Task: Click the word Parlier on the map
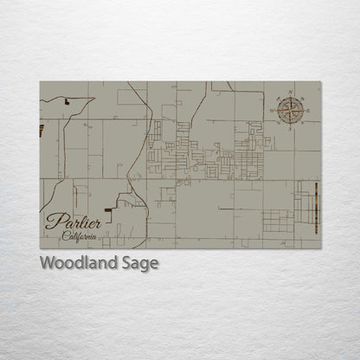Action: pyautogui.click(x=74, y=222)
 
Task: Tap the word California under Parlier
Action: pyautogui.click(x=80, y=235)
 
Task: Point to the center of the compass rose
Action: pyautogui.click(x=291, y=109)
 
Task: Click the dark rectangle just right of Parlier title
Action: pyautogui.click(x=109, y=209)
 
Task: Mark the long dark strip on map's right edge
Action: pyautogui.click(x=317, y=208)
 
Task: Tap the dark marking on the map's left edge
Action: pyautogui.click(x=42, y=131)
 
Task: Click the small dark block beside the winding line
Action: pyautogui.click(x=67, y=101)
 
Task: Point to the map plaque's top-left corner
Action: pyautogui.click(x=40, y=82)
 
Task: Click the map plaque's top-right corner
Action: pyautogui.click(x=320, y=82)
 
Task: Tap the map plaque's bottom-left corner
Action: pyautogui.click(x=40, y=248)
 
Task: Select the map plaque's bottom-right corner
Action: pyautogui.click(x=320, y=248)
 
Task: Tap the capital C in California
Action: pyautogui.click(x=65, y=235)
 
